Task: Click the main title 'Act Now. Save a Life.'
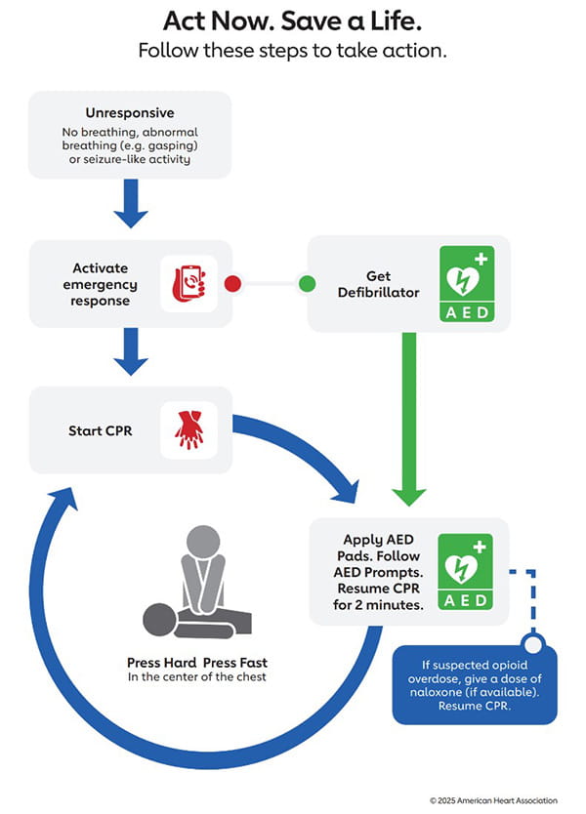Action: (x=292, y=21)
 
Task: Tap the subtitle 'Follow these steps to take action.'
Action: (x=292, y=51)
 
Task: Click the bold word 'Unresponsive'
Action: (x=130, y=112)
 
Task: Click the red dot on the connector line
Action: (x=232, y=284)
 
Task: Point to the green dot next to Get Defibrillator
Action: (x=307, y=284)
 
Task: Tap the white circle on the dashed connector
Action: (x=531, y=644)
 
